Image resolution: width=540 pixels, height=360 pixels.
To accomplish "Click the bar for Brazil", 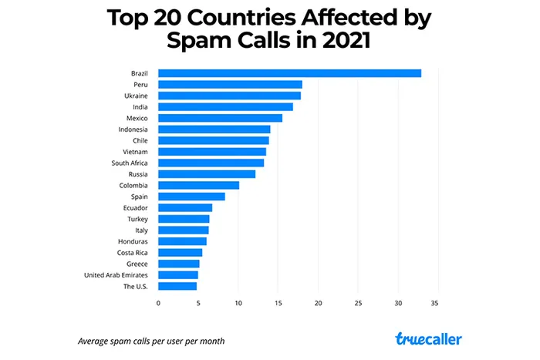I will (x=289, y=73).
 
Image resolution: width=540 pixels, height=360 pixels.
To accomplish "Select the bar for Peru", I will (x=230, y=84).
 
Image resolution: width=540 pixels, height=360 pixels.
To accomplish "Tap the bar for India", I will (x=225, y=106).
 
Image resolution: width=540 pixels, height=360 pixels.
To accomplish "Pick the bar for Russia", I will (x=206, y=173).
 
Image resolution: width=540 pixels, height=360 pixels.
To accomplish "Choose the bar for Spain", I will (x=191, y=197).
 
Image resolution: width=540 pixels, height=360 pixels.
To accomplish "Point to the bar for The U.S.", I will (x=177, y=286).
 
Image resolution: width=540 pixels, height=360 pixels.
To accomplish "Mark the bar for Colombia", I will (x=198, y=185).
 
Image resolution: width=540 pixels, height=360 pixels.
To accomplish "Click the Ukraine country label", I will (x=137, y=96).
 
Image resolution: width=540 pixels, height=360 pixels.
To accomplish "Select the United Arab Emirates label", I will (x=116, y=275).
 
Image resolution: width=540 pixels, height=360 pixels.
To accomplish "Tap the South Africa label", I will (x=130, y=163).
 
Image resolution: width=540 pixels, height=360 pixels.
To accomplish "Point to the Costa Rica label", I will (x=133, y=253).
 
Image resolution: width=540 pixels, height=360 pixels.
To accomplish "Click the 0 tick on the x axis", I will (x=158, y=303).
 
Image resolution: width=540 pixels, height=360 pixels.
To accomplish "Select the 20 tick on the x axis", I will (x=318, y=303).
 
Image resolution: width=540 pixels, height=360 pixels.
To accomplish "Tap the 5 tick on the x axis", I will (x=198, y=303).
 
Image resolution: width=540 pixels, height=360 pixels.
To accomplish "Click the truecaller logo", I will (x=429, y=339).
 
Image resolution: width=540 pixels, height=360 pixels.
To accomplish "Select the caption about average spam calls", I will (x=151, y=341).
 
